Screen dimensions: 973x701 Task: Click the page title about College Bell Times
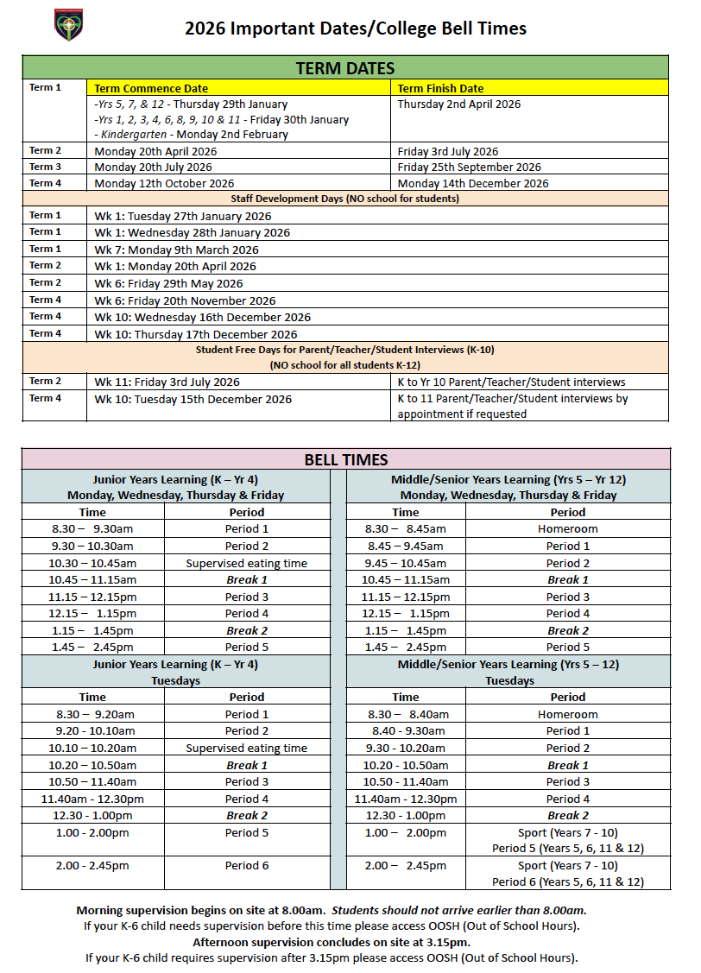point(355,28)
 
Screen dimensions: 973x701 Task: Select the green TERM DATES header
point(345,68)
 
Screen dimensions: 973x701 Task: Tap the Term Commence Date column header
point(151,88)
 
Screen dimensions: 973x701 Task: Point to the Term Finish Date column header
point(440,88)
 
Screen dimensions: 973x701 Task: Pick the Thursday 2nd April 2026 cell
point(459,104)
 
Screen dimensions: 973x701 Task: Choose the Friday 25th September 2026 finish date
point(470,167)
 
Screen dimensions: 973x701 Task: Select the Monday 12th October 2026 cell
point(164,183)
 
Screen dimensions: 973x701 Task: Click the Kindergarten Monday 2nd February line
point(192,135)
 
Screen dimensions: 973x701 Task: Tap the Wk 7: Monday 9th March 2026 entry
point(176,250)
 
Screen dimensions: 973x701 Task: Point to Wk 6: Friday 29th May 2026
point(168,283)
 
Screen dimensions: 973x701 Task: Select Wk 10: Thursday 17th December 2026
point(196,334)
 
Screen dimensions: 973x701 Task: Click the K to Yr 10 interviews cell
point(511,382)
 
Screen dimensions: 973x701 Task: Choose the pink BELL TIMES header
point(345,460)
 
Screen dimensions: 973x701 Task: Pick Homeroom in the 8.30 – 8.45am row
point(567,529)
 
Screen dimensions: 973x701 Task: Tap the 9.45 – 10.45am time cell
point(405,563)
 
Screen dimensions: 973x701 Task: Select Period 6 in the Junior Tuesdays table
point(247,866)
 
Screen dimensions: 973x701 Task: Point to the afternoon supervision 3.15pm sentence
point(332,942)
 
